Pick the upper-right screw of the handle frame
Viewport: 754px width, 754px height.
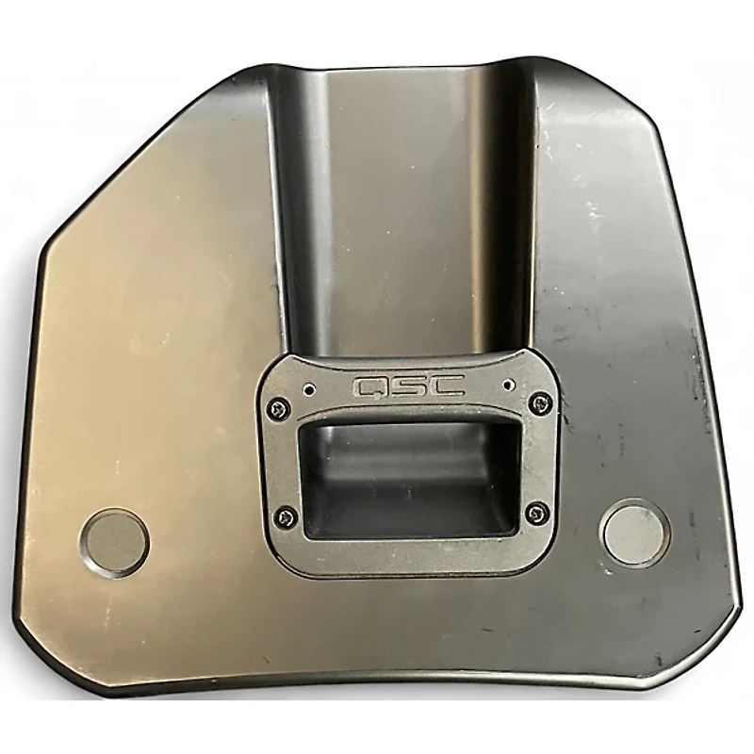pos(538,403)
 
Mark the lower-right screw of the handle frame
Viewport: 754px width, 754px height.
pos(537,513)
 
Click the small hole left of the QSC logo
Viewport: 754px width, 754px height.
pos(309,387)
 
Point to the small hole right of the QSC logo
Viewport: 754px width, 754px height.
pos(508,384)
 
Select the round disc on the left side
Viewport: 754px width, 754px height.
pos(114,543)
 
